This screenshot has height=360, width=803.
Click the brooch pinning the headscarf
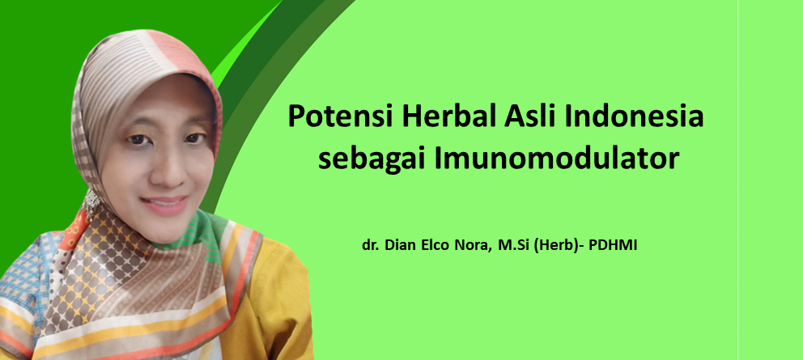(x=91, y=202)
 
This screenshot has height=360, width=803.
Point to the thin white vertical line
(x=737, y=180)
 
